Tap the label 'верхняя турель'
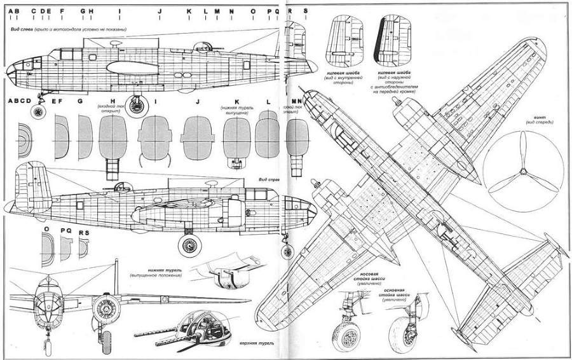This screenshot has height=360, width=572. coord(257,344)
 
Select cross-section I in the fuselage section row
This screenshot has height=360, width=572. coord(154,138)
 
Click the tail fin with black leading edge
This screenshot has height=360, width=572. coord(395,39)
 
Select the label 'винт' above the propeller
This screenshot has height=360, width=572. coord(536,116)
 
